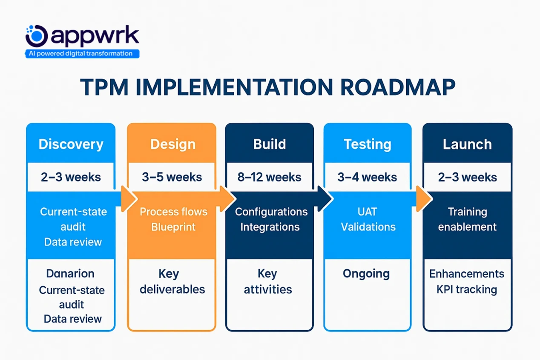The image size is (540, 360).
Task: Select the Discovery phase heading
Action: (x=71, y=144)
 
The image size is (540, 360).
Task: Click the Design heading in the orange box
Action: (x=172, y=144)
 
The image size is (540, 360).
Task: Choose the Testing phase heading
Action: (x=367, y=144)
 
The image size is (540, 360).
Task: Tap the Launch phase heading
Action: (x=467, y=144)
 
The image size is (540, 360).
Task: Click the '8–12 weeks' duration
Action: (x=270, y=177)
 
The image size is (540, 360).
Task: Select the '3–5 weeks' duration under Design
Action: (x=172, y=177)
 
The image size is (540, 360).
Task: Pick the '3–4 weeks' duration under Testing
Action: (x=368, y=177)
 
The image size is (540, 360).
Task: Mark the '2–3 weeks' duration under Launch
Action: (x=467, y=177)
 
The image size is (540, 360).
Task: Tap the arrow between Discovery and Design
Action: (x=128, y=199)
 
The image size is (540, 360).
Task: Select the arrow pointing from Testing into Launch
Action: (x=424, y=199)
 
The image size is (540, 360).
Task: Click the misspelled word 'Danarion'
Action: (x=70, y=274)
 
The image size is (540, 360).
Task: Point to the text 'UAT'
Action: (x=368, y=212)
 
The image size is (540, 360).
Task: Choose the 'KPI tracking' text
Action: (x=467, y=290)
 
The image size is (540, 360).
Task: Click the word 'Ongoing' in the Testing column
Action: (x=366, y=274)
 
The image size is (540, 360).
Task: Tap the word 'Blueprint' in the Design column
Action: (x=173, y=227)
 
